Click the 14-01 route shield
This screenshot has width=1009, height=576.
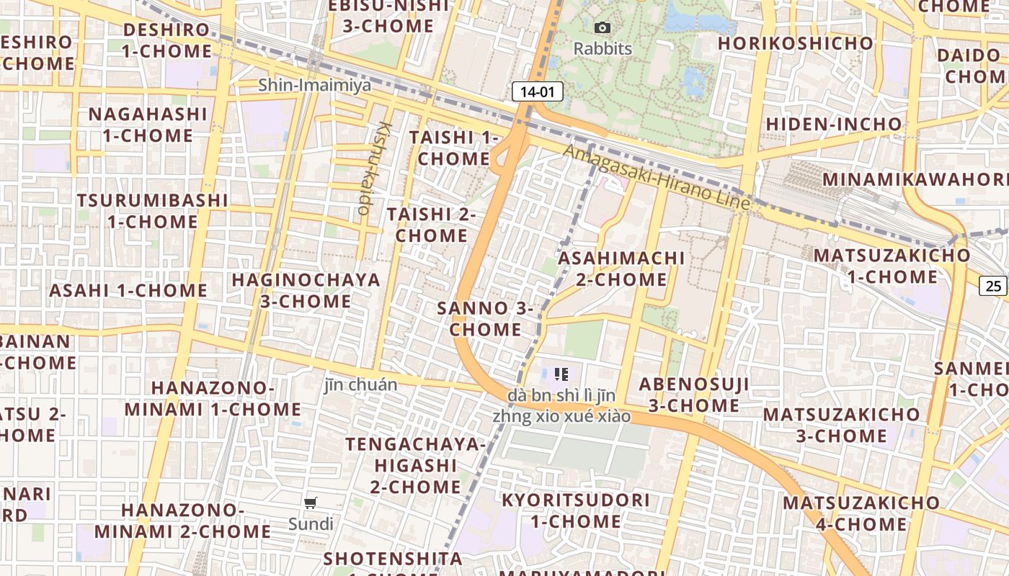537,91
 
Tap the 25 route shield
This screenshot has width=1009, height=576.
993,286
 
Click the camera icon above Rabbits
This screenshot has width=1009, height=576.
603,28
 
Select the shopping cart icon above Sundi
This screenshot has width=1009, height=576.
311,503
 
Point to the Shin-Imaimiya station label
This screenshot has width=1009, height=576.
315,85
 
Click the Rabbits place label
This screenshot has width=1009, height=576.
603,49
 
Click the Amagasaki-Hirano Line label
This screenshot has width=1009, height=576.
657,177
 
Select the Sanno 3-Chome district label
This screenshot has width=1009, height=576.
484,319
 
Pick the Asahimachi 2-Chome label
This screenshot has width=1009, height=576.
621,269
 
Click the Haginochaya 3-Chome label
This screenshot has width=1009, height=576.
306,290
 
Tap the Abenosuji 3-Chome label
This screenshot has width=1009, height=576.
694,395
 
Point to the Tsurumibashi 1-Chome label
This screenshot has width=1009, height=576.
153,210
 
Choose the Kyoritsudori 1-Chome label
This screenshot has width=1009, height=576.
576,510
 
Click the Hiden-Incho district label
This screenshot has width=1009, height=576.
834,125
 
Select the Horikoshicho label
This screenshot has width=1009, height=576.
796,43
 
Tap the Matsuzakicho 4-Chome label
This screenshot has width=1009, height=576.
861,513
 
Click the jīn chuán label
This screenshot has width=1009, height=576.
360,384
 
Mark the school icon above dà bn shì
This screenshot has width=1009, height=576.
561,374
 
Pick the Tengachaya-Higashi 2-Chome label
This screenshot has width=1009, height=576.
416,465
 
